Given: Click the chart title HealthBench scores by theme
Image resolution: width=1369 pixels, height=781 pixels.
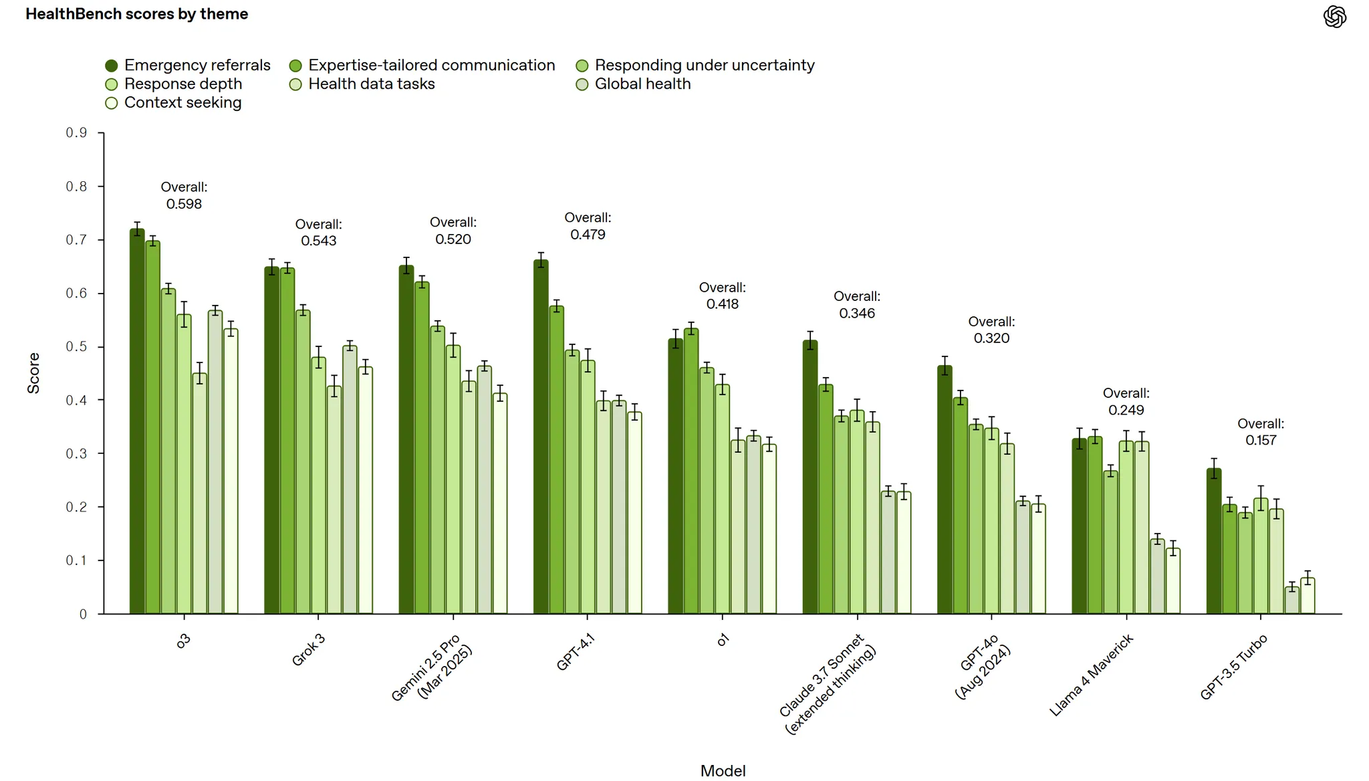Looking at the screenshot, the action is pyautogui.click(x=137, y=14).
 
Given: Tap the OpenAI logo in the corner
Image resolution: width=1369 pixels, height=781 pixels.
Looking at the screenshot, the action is pyautogui.click(x=1334, y=17).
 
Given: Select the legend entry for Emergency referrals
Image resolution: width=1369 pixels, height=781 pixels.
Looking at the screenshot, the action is pyautogui.click(x=188, y=66).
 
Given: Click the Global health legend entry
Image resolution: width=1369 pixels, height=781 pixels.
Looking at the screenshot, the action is pyautogui.click(x=633, y=84).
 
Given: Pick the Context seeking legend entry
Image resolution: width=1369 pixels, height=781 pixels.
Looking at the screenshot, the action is pyautogui.click(x=173, y=103).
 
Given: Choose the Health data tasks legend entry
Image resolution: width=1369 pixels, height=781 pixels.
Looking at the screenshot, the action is pyautogui.click(x=362, y=84).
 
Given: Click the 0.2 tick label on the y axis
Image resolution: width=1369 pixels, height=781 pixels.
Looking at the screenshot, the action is pyautogui.click(x=76, y=507).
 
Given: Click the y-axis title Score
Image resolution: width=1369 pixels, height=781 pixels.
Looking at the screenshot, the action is pyautogui.click(x=33, y=373).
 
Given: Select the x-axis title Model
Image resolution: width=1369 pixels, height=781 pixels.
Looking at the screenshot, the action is pyautogui.click(x=723, y=771).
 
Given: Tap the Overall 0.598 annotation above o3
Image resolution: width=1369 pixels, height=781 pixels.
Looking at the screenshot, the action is pyautogui.click(x=184, y=196).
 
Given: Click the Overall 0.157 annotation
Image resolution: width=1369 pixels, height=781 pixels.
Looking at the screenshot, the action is pyautogui.click(x=1261, y=432).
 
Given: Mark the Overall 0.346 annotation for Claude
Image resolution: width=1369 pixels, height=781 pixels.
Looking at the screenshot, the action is pyautogui.click(x=857, y=305).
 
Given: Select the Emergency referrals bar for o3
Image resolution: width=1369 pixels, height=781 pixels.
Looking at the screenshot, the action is pyautogui.click(x=137, y=422).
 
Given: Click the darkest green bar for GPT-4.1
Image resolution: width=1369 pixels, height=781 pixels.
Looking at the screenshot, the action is pyautogui.click(x=541, y=437).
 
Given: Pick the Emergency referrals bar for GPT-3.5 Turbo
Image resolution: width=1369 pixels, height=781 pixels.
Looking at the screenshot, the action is pyautogui.click(x=1214, y=542).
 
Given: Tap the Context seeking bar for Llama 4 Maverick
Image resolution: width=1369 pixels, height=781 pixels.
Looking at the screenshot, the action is pyautogui.click(x=1173, y=581).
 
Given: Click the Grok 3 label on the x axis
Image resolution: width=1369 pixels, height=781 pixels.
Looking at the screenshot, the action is pyautogui.click(x=308, y=650).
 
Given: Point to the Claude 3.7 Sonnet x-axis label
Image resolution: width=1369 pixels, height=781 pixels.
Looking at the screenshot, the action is pyautogui.click(x=828, y=684).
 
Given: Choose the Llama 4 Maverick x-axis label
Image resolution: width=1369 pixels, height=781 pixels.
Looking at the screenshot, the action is pyautogui.click(x=1092, y=675).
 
